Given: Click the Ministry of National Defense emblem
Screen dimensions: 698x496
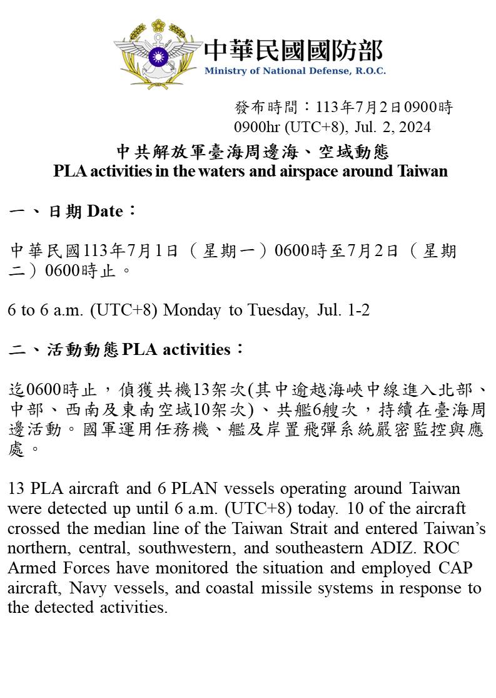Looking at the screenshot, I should [x=158, y=55].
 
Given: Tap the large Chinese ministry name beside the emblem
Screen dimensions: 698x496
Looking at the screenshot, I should [x=293, y=49].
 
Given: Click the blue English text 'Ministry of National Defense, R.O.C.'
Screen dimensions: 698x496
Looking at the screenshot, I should [x=295, y=71].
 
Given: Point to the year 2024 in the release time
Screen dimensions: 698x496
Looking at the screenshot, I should [x=413, y=127].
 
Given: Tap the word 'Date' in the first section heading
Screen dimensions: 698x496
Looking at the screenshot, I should [x=105, y=212].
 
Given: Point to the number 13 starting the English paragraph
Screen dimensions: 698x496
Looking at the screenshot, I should [x=16, y=488].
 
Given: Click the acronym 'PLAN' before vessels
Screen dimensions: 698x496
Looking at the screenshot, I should [x=167, y=488].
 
